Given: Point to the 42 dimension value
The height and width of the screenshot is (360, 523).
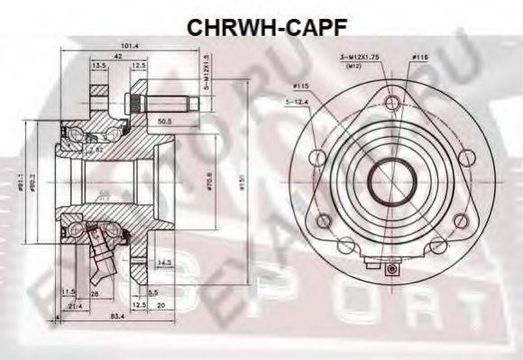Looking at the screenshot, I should [x=106, y=57].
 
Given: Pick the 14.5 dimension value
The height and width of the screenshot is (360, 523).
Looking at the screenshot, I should [x=163, y=263].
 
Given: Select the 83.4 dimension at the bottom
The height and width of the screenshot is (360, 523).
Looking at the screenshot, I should [x=116, y=316].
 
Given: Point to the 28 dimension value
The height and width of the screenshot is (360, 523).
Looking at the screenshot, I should [x=95, y=294].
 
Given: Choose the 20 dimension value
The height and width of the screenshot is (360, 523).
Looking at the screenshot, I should [x=161, y=304].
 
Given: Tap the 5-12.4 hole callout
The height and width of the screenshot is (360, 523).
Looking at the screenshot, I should [x=300, y=100].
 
